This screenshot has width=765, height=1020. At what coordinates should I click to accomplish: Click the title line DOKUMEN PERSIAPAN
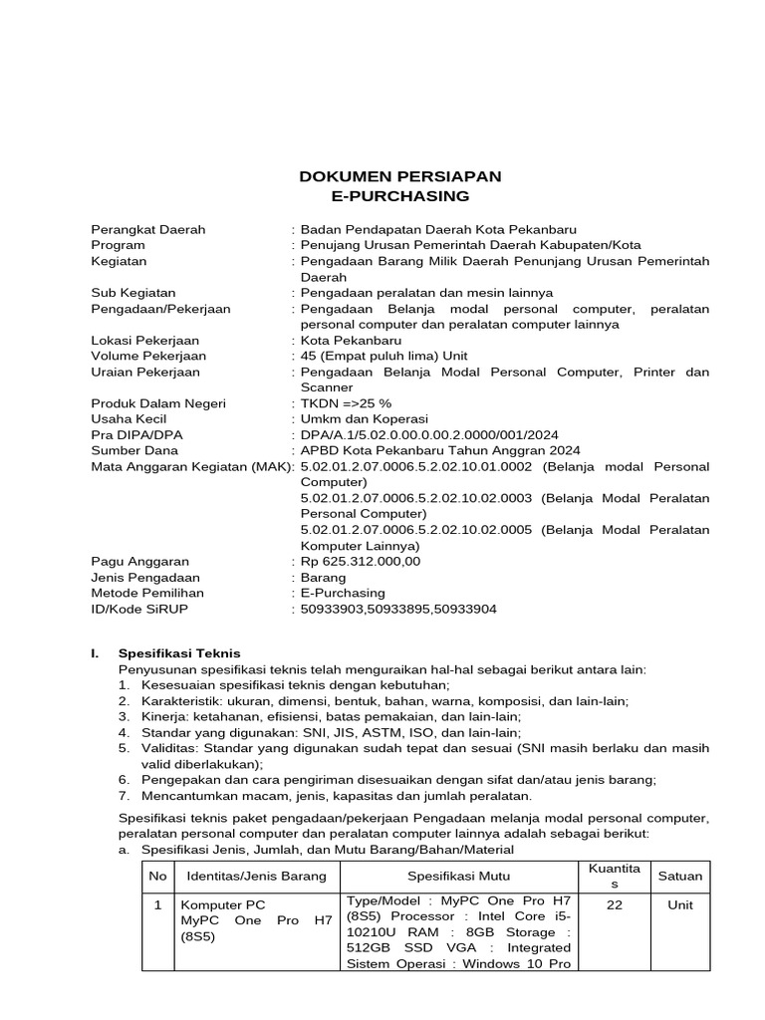(x=400, y=176)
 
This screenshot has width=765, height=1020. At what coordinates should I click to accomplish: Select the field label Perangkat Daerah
(x=148, y=229)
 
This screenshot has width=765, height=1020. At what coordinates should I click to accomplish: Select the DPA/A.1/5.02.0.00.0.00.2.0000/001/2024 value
(x=429, y=435)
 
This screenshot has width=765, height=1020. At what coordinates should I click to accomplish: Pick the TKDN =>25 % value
(x=348, y=403)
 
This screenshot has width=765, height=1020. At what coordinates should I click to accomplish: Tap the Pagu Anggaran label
(x=139, y=562)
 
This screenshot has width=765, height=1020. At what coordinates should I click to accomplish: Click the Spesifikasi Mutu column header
(x=458, y=877)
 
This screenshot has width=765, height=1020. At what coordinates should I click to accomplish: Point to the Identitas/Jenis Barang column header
(x=252, y=877)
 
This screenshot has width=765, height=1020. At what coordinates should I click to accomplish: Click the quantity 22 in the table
(x=615, y=904)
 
